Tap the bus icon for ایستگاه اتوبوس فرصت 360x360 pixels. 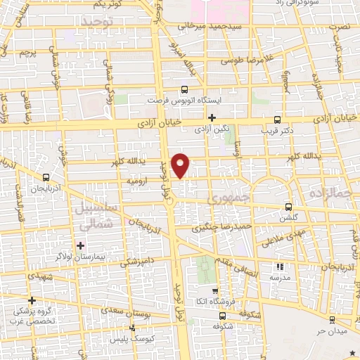click(184, 89)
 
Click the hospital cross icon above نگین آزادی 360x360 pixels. click(212, 117)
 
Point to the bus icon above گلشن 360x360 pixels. click(289, 207)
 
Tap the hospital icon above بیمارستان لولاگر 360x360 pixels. click(82, 245)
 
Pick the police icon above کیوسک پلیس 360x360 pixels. click(134, 328)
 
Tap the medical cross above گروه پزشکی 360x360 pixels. click(32, 300)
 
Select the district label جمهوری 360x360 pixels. click(250, 198)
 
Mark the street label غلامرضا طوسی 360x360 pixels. click(246, 60)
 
